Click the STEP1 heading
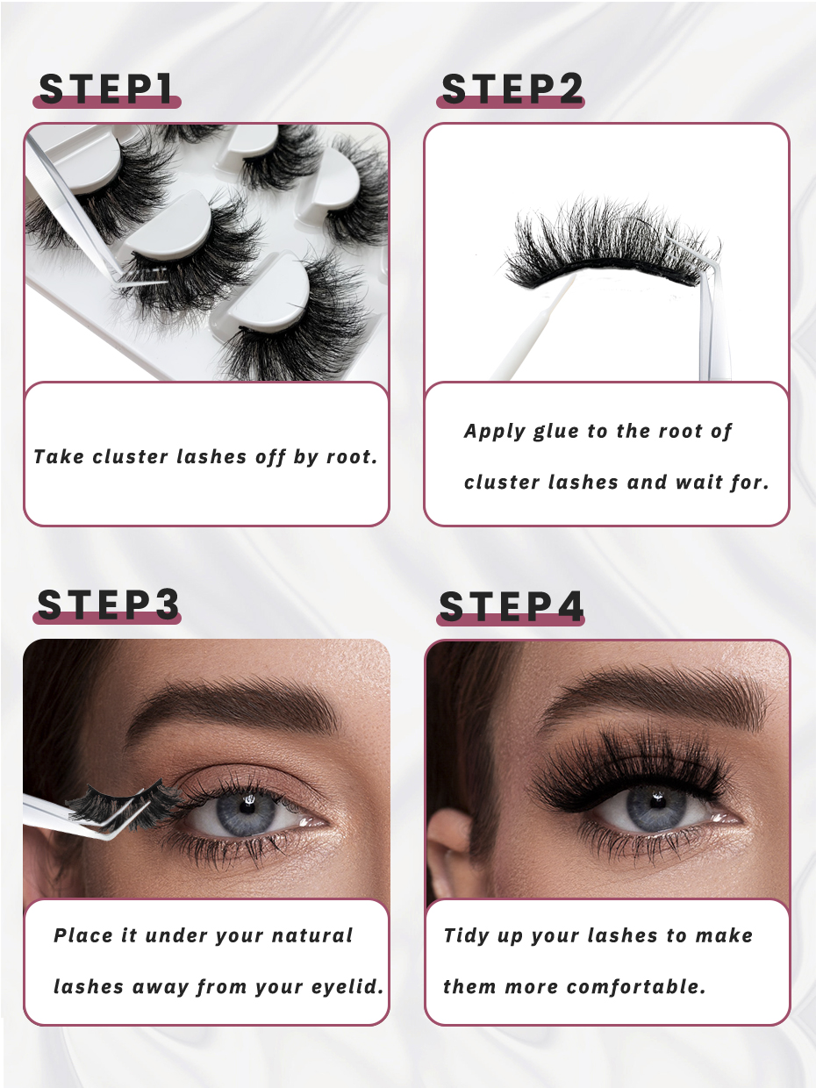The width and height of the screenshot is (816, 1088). point(106,89)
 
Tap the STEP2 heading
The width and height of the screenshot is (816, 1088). point(512,89)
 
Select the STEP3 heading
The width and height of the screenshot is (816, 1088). point(108,605)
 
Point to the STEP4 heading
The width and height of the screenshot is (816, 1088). point(512,606)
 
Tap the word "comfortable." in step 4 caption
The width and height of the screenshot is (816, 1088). point(636,987)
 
